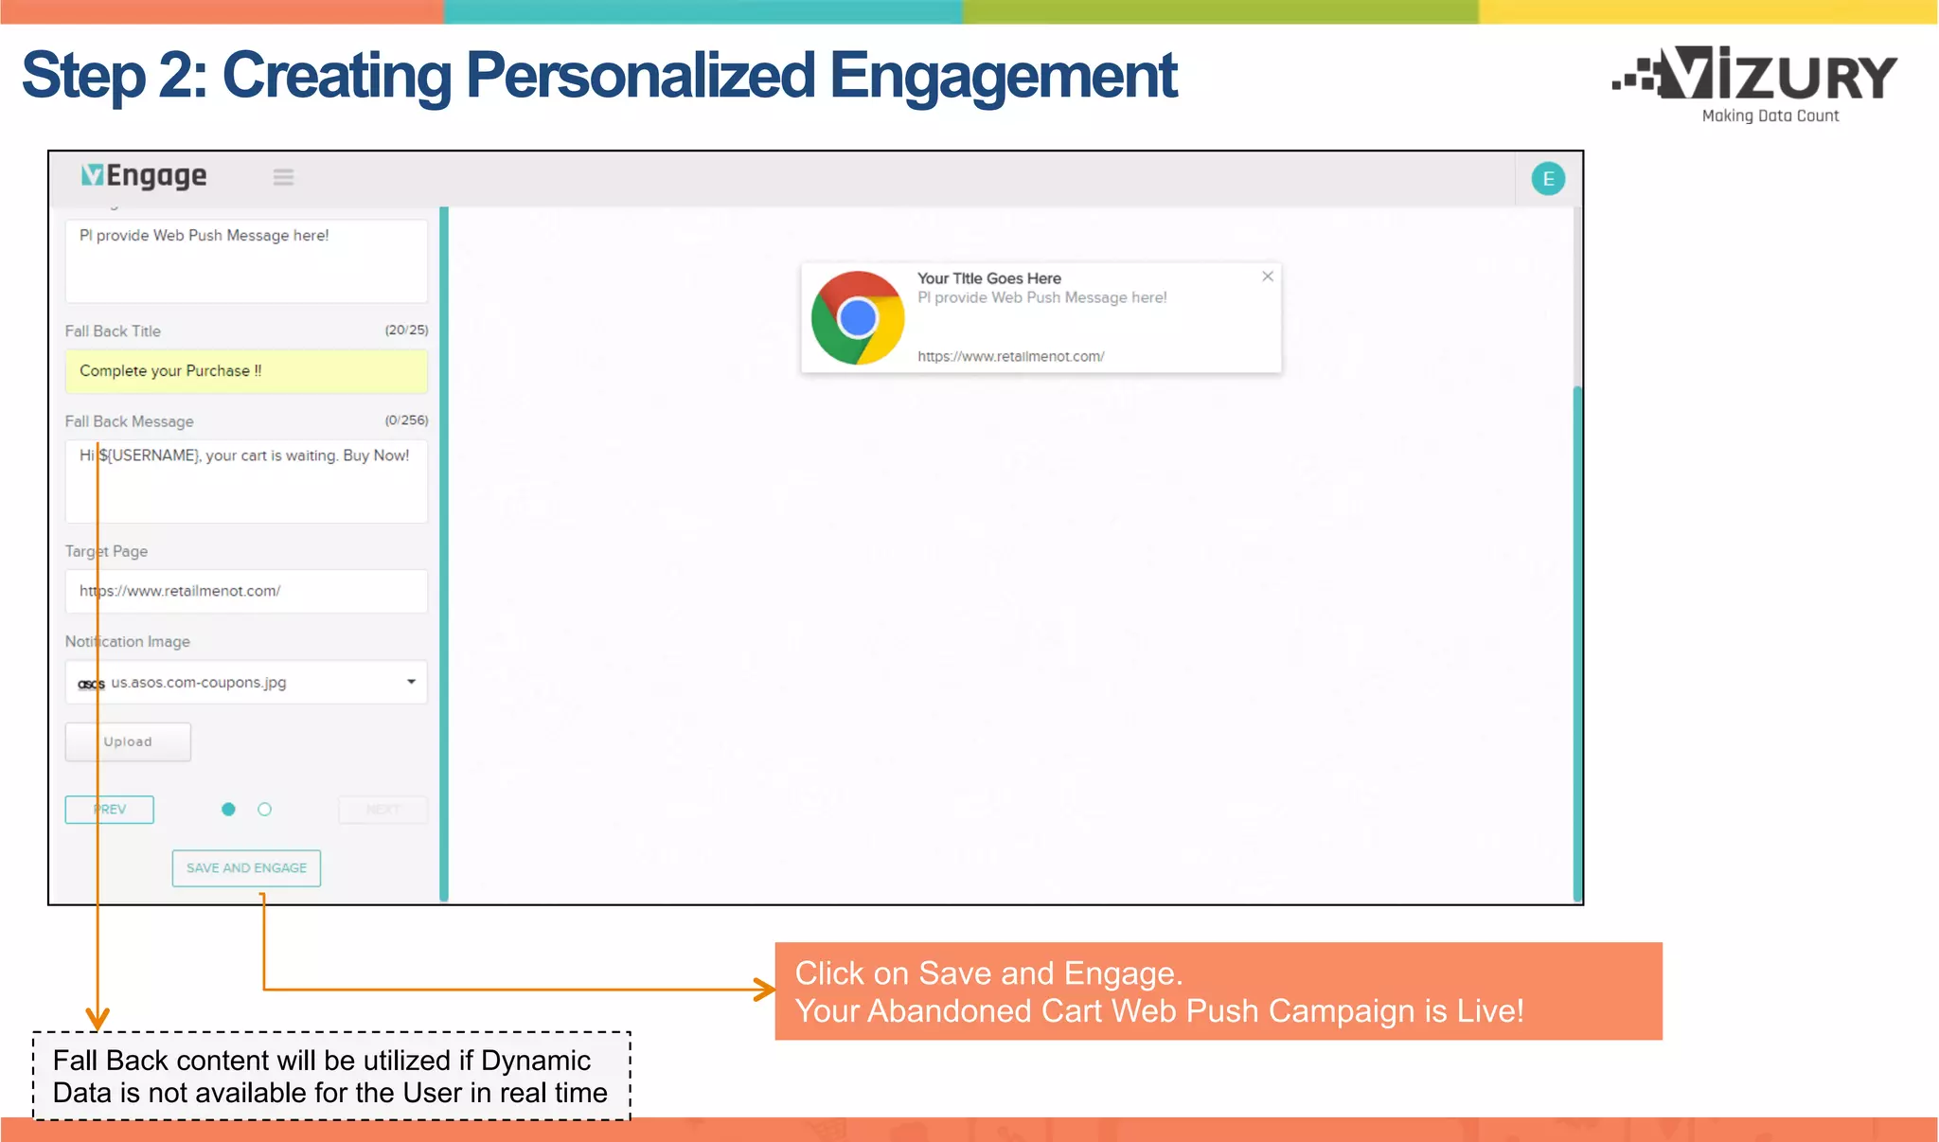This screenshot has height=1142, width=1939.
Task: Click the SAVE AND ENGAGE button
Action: [x=246, y=868]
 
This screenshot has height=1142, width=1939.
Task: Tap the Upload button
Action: [x=128, y=742]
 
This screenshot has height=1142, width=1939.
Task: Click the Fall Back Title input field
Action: [x=246, y=371]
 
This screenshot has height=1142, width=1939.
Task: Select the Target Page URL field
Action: [x=246, y=591]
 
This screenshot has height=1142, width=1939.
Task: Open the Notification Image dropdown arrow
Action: [x=411, y=682]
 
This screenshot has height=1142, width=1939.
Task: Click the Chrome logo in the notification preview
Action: [x=858, y=318]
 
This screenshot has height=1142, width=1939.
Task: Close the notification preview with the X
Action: [x=1268, y=277]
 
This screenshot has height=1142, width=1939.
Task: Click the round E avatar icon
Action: [x=1548, y=179]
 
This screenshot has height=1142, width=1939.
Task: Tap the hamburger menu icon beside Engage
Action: [x=283, y=177]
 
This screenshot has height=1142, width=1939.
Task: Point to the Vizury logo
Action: [x=1756, y=81]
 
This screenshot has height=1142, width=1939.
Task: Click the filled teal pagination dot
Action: [x=228, y=810]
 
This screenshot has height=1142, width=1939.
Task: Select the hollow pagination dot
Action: [x=265, y=810]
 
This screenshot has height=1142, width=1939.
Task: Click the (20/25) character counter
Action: [x=406, y=330]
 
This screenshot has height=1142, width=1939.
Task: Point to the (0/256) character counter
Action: [x=406, y=419]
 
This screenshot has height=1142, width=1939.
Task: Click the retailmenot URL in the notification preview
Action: [x=1010, y=357]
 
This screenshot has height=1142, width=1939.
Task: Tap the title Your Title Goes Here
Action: [x=988, y=278]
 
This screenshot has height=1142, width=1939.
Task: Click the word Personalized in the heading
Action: [x=640, y=76]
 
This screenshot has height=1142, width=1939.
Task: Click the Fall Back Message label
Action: [x=130, y=421]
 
